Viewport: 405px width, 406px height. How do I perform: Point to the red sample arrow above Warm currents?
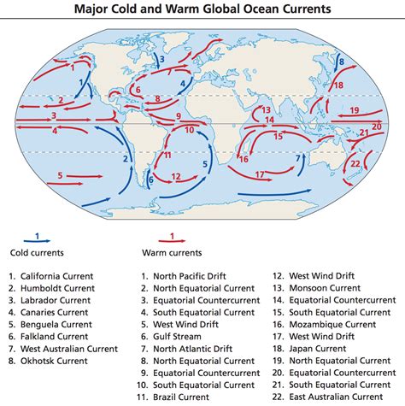172,241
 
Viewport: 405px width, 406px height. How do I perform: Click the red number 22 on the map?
356,163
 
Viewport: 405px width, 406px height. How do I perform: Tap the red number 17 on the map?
260,174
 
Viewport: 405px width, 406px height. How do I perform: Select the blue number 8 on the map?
340,62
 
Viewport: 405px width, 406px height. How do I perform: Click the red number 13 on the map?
267,109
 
